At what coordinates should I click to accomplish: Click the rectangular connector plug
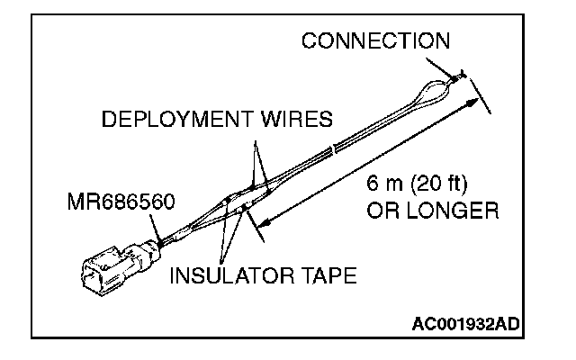(107, 267)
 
